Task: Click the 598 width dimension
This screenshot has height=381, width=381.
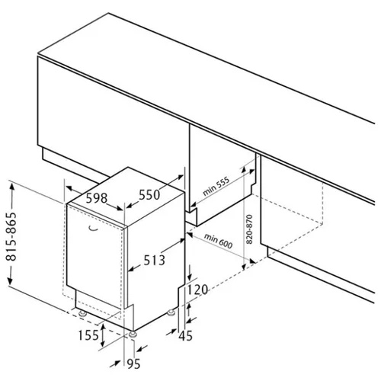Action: [97, 198]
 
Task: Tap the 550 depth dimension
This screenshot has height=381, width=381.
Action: [149, 195]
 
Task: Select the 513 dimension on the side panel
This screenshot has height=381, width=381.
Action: [154, 260]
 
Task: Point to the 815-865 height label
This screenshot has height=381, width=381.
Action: [11, 237]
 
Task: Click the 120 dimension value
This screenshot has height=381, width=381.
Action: [197, 290]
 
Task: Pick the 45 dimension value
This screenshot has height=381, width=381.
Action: [185, 336]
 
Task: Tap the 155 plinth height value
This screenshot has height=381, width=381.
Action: [88, 335]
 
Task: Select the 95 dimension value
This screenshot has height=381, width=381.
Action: [133, 363]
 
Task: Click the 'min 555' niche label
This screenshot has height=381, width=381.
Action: [216, 186]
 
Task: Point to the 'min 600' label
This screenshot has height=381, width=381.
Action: [218, 241]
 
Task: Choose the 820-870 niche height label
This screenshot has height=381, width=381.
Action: [249, 229]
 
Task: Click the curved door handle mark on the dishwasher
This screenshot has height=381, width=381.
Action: [93, 229]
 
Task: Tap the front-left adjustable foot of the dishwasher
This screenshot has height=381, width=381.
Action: [82, 313]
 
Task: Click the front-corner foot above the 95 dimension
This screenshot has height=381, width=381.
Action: [133, 335]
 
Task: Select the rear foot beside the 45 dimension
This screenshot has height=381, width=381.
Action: [171, 312]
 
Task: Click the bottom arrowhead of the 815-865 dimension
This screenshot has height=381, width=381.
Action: [10, 280]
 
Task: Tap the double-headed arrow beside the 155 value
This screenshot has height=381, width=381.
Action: [103, 335]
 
